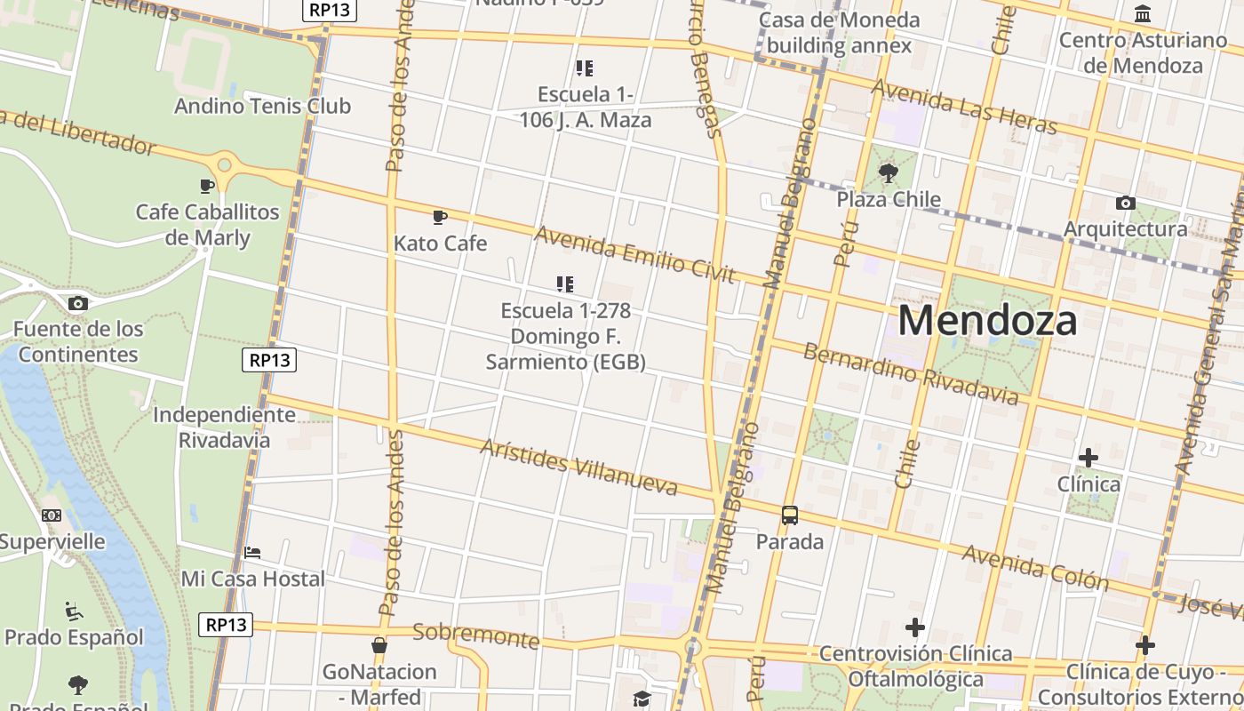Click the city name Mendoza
[x=987, y=321]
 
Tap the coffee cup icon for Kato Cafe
[x=439, y=217]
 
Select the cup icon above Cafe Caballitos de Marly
[x=207, y=186]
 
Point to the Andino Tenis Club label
[x=262, y=106]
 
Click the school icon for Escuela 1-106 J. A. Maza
[x=584, y=68]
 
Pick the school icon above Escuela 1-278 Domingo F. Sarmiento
[x=565, y=284]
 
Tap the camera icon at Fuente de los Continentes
[x=77, y=303]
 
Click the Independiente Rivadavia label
[x=224, y=427]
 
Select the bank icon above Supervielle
[x=52, y=515]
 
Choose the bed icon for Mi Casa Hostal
[x=252, y=553]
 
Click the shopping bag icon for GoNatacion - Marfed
[x=379, y=645]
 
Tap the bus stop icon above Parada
[x=789, y=515]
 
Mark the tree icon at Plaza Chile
[x=888, y=172]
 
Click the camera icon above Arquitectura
[x=1125, y=203]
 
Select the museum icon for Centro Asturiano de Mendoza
[x=1143, y=14]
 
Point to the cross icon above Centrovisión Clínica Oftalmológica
[x=914, y=627]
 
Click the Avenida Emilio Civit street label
[x=634, y=255]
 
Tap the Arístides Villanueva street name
[x=578, y=467]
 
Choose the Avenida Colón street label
[x=1036, y=568]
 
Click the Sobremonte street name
[x=476, y=635]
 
